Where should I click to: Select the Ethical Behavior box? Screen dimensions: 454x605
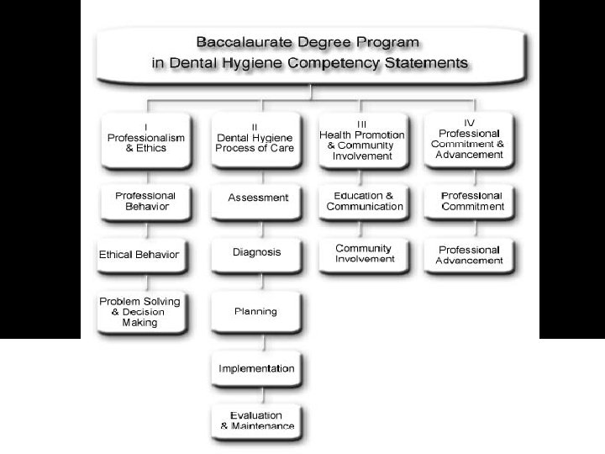pyautogui.click(x=139, y=255)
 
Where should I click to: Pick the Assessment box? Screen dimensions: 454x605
pyautogui.click(x=257, y=198)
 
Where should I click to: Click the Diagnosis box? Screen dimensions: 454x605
pyautogui.click(x=257, y=252)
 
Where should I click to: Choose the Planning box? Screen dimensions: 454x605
pyautogui.click(x=256, y=311)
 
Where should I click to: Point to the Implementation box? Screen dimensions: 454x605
pyautogui.click(x=256, y=368)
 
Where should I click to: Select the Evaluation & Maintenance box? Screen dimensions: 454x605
pyautogui.click(x=257, y=420)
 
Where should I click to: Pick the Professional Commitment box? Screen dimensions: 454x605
pyautogui.click(x=471, y=201)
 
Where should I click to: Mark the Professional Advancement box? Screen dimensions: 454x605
pyautogui.click(x=470, y=255)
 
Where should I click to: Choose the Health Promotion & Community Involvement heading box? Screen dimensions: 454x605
pyautogui.click(x=362, y=140)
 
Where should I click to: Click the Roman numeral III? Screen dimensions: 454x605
pyautogui.click(x=361, y=123)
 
